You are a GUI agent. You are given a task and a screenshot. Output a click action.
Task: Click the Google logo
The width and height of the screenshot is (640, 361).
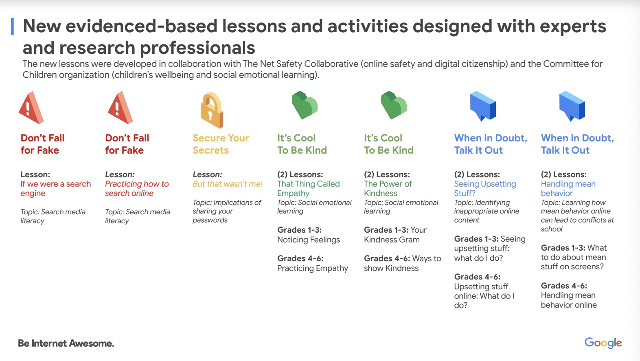click(603, 343)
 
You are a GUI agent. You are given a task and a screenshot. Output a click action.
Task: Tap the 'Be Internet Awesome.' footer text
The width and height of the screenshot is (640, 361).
click(66, 343)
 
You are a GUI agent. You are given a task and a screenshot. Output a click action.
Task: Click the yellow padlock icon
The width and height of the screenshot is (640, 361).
click(212, 110)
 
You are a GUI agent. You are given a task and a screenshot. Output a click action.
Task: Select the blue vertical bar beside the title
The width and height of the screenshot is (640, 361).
click(12, 26)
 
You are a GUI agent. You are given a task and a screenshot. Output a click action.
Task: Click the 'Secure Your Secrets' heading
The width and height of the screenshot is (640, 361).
click(221, 144)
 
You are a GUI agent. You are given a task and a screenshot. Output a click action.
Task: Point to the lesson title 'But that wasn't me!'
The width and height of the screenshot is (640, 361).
click(228, 184)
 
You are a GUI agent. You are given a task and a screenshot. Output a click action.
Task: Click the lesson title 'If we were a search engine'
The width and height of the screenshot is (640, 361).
click(56, 189)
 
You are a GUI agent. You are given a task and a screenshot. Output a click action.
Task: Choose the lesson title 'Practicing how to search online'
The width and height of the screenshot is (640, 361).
click(137, 189)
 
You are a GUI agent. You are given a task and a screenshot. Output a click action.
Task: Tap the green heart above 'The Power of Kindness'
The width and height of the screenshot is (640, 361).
click(394, 105)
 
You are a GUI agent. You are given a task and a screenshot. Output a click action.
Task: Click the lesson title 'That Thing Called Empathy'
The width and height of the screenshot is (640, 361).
click(309, 189)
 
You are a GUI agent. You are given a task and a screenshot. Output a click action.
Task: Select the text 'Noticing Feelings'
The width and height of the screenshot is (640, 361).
click(309, 240)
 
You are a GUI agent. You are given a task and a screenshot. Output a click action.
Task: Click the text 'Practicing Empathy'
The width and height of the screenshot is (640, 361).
click(313, 269)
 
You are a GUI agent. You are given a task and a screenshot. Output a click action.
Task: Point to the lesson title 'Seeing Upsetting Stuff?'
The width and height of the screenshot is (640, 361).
click(485, 189)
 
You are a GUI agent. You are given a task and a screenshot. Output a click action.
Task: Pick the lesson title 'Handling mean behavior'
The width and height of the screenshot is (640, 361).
click(568, 189)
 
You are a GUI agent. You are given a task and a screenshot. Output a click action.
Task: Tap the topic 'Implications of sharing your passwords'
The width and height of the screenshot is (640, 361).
click(227, 211)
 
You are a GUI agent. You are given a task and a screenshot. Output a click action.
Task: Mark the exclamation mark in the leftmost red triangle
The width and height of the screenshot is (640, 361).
click(28, 108)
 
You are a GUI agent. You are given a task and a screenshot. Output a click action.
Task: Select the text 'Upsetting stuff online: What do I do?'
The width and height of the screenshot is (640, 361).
click(484, 296)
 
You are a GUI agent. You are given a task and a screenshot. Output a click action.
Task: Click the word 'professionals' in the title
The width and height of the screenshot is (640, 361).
click(197, 48)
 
